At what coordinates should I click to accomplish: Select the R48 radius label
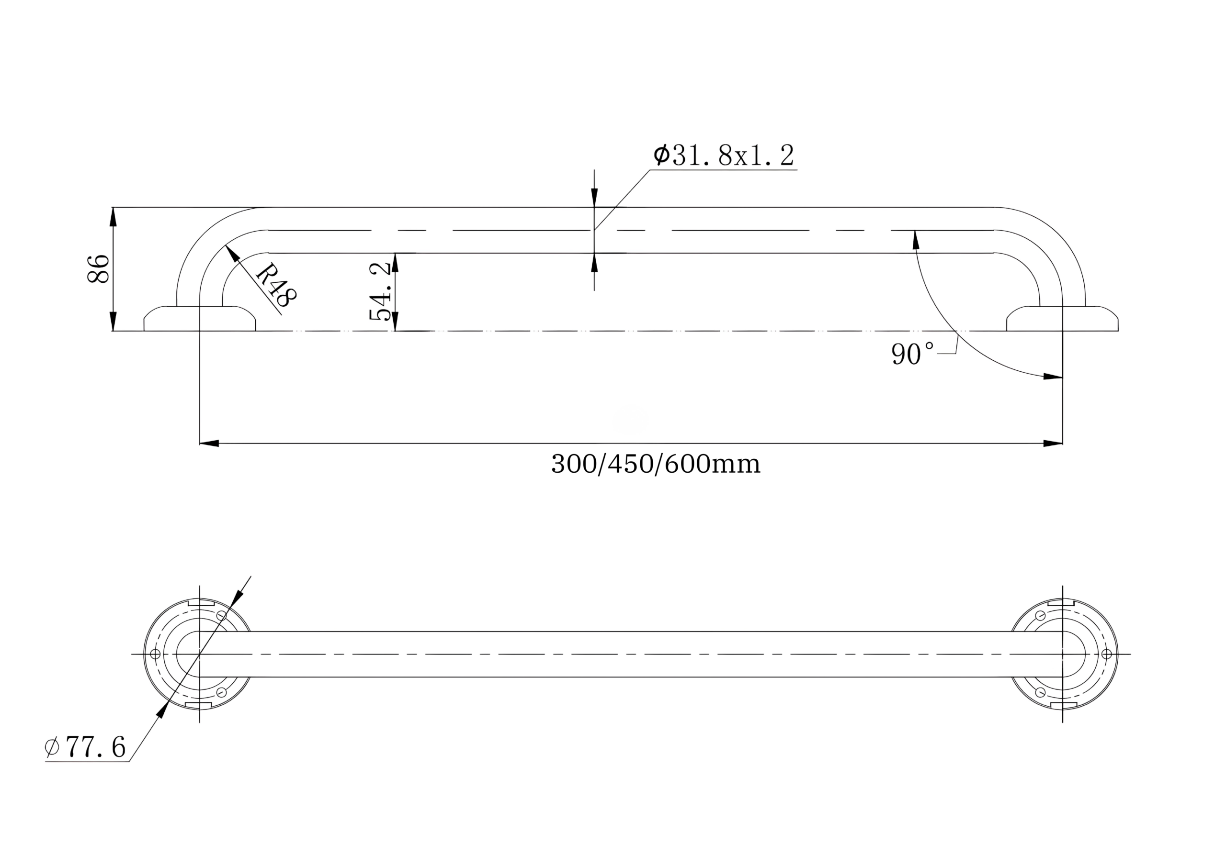pyautogui.click(x=275, y=285)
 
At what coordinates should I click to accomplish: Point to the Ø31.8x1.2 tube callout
pyautogui.click(x=724, y=156)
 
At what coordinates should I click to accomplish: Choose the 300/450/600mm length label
pyautogui.click(x=655, y=464)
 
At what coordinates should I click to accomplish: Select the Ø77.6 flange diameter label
pyautogui.click(x=85, y=747)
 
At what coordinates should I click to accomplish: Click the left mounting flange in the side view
pyautogui.click(x=199, y=319)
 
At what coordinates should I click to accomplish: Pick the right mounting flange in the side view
pyautogui.click(x=1062, y=319)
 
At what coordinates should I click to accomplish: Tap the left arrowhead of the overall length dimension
pyautogui.click(x=209, y=444)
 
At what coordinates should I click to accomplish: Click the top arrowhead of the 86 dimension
pyautogui.click(x=113, y=216)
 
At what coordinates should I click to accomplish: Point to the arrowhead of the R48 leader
pyautogui.click(x=231, y=251)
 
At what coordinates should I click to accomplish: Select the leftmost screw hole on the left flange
pyautogui.click(x=155, y=654)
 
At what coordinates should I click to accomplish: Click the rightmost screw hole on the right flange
pyautogui.click(x=1106, y=654)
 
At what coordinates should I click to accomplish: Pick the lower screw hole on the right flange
pyautogui.click(x=1040, y=693)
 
